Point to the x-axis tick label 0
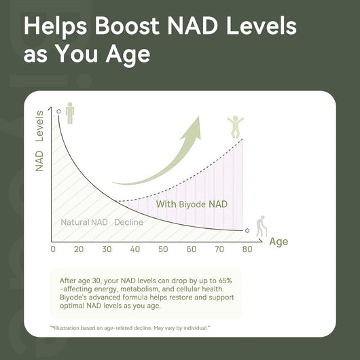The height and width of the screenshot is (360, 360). point(54,249)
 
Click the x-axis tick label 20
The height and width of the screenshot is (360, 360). point(79,249)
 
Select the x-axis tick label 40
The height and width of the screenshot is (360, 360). point(134,249)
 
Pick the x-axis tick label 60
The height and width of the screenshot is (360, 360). point(191,249)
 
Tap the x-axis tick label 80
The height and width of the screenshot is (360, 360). point(247,249)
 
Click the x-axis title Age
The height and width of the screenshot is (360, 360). point(278,241)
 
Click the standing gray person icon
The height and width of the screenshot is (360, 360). point(71,113)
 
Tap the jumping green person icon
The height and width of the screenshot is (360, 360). point(234,126)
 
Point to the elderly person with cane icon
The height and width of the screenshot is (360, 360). point(260,227)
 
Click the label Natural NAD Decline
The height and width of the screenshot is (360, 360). point(101,222)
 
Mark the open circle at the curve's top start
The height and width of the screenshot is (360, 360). point(59,111)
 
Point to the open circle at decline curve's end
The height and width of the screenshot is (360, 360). point(247,231)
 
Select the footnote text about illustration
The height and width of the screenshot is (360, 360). point(130,328)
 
